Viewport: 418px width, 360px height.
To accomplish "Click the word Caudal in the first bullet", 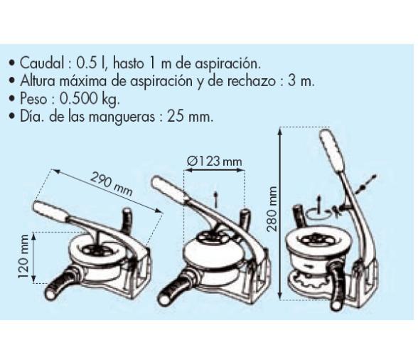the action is tap(42, 63).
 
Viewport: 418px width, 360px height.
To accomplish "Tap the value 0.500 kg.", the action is tap(90, 100).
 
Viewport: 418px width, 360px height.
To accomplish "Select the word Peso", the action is tap(34, 99).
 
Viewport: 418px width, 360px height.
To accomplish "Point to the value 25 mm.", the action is tap(191, 117).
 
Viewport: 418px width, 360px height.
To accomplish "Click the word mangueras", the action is tap(122, 117).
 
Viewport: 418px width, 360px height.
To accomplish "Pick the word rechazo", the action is tap(251, 81).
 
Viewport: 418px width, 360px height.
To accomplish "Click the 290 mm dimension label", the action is tap(111, 184).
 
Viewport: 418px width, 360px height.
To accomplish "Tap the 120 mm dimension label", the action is tap(23, 256).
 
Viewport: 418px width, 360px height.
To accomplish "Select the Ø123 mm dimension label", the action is tap(215, 161).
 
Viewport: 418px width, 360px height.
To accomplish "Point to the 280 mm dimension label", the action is tap(272, 209).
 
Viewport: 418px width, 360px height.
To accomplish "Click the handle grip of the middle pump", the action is tap(168, 187).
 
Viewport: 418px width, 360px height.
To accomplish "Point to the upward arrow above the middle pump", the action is tap(216, 199).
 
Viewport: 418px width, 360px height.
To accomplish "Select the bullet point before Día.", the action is tap(11, 117).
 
